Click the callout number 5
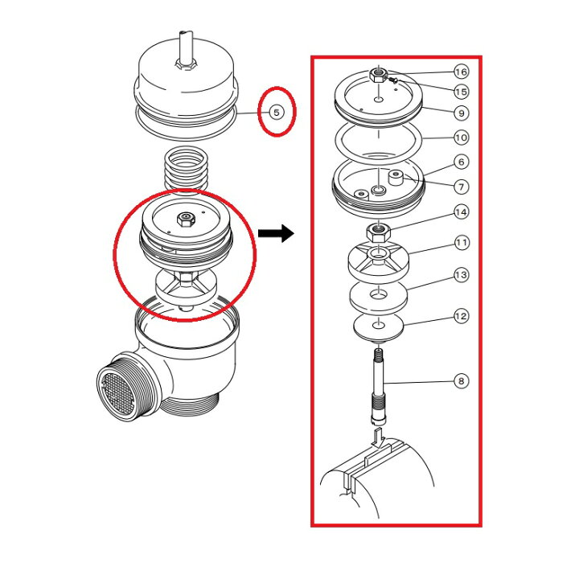(x=277, y=112)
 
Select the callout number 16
(x=462, y=72)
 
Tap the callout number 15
(x=462, y=92)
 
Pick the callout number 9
(x=462, y=113)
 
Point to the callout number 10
(x=462, y=138)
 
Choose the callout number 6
(x=462, y=162)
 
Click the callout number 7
(x=462, y=187)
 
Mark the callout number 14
(x=462, y=212)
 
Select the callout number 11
(x=462, y=243)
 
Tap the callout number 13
(x=462, y=275)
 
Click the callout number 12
(x=462, y=316)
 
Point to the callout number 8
(x=462, y=380)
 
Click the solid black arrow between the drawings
(x=276, y=233)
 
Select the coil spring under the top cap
(x=186, y=169)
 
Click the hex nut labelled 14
(x=377, y=232)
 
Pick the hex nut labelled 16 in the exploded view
(x=378, y=75)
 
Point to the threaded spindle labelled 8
(x=378, y=387)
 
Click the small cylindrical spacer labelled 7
(x=396, y=178)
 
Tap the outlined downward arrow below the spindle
(x=379, y=438)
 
